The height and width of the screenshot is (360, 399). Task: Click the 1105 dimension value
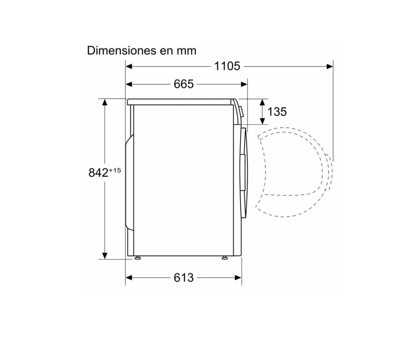point(227,66)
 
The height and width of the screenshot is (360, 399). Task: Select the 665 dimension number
point(184,84)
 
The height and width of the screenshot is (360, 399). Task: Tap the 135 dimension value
point(277,112)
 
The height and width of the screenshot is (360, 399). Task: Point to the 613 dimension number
point(184,277)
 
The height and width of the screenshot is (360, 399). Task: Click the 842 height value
point(99,173)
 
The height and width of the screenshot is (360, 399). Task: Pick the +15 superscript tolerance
point(115,170)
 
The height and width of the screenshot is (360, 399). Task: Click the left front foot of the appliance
point(138,258)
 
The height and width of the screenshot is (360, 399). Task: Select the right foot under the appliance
point(225,258)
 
